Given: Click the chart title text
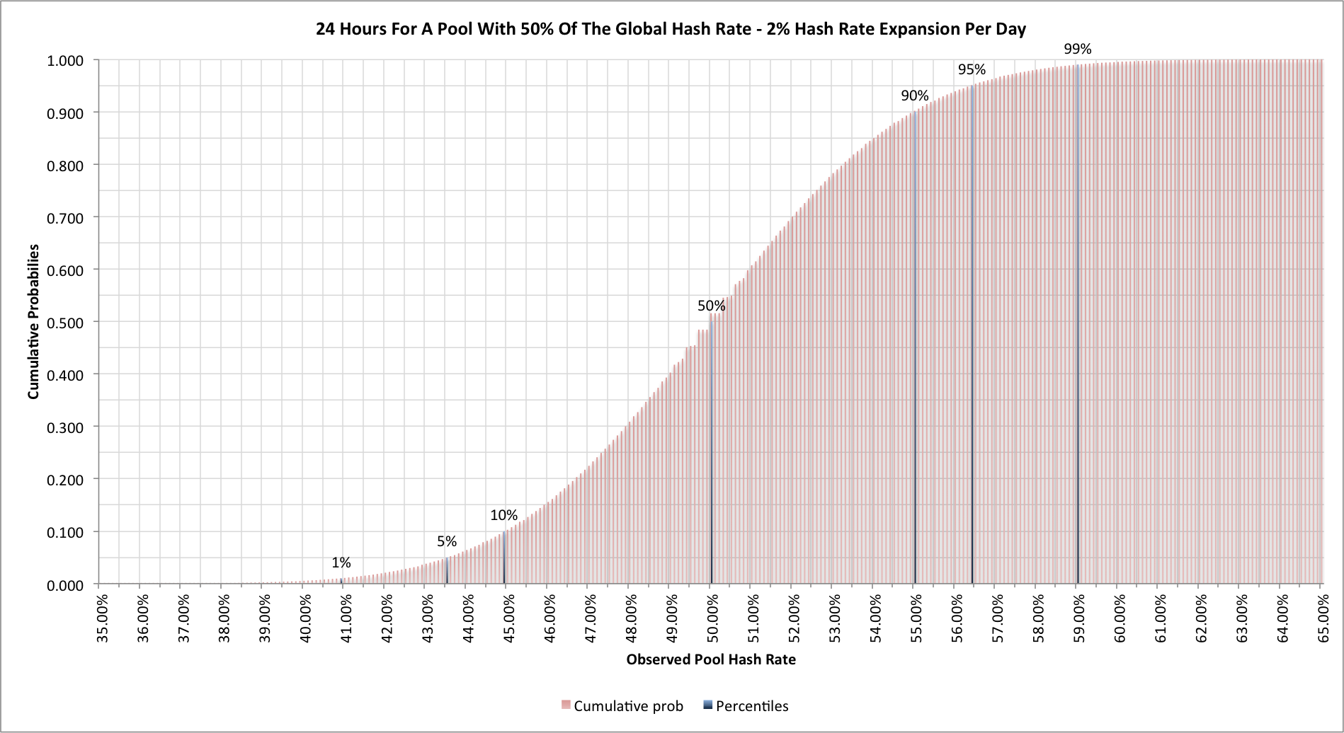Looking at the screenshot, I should click(x=671, y=29).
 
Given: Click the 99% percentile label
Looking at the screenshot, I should click(x=1077, y=49).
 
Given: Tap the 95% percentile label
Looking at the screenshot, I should click(x=972, y=69).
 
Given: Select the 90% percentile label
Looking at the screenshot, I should click(x=914, y=96).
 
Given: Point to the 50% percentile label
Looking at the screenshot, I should click(x=711, y=306).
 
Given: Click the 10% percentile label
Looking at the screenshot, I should click(x=503, y=515).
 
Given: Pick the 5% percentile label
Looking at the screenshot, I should click(x=446, y=541).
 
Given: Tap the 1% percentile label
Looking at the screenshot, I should click(x=341, y=562).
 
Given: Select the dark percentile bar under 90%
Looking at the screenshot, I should click(x=915, y=354).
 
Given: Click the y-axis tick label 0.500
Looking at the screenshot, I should click(x=65, y=323).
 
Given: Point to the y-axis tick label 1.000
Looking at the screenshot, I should click(x=65, y=61).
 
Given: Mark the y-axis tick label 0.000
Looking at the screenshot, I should click(x=65, y=586).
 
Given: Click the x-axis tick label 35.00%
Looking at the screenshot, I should click(x=103, y=618).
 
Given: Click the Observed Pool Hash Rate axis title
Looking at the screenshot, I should click(x=710, y=659).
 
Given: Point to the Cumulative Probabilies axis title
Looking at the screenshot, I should click(x=33, y=322).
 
